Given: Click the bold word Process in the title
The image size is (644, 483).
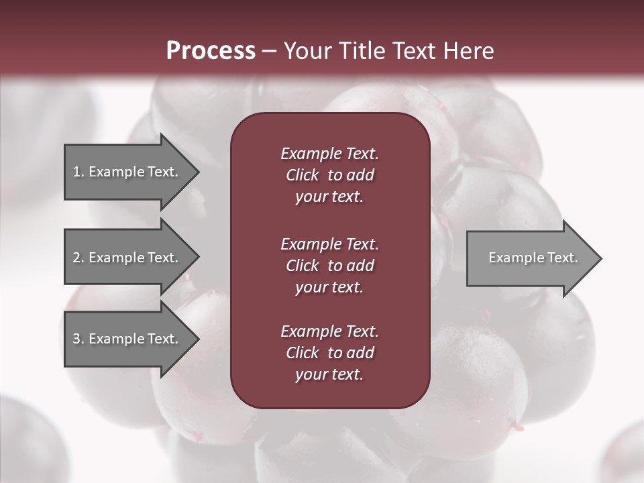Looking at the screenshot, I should pos(211,51).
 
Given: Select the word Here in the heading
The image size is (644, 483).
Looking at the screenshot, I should pos(469,51).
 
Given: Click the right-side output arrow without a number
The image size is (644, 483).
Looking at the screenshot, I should pos(530,258).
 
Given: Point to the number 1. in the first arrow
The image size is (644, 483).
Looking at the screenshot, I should pos(78,172).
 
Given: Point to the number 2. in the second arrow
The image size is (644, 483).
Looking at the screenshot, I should pos(78,258).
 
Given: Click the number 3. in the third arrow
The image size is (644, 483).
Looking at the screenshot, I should pos(78,339).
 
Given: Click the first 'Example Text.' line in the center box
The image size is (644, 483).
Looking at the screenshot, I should pos(329,154).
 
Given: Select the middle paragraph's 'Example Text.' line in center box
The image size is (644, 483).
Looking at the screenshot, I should pos(329,244).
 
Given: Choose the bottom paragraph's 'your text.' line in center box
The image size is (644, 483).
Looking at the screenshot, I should pos(329,374).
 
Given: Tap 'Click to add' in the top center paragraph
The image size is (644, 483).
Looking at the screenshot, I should pos(329,175).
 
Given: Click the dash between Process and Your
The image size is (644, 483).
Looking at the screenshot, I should pos(269,51).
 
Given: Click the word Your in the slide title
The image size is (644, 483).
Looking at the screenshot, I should pos(307,51).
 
